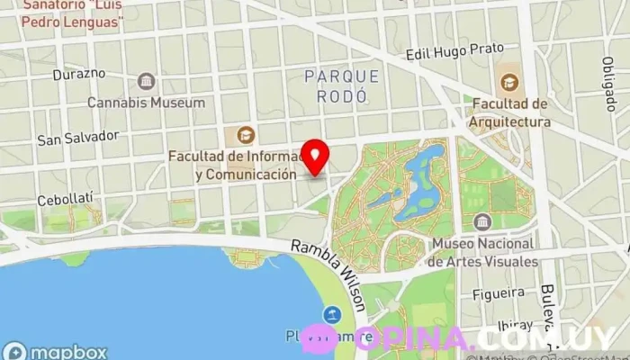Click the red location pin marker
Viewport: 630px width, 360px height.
tap(315, 157)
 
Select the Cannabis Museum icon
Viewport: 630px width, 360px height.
tap(146, 82)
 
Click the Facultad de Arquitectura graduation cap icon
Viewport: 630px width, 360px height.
tap(509, 83)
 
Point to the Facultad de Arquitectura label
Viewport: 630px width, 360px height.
tap(509, 113)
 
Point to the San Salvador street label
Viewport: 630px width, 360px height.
tap(77, 138)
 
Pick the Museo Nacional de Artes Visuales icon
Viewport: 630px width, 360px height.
tap(482, 221)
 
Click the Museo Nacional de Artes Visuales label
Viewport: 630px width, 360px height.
tap(483, 253)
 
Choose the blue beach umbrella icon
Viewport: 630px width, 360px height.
tap(333, 314)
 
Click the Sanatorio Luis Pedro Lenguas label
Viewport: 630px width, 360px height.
tap(73, 13)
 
